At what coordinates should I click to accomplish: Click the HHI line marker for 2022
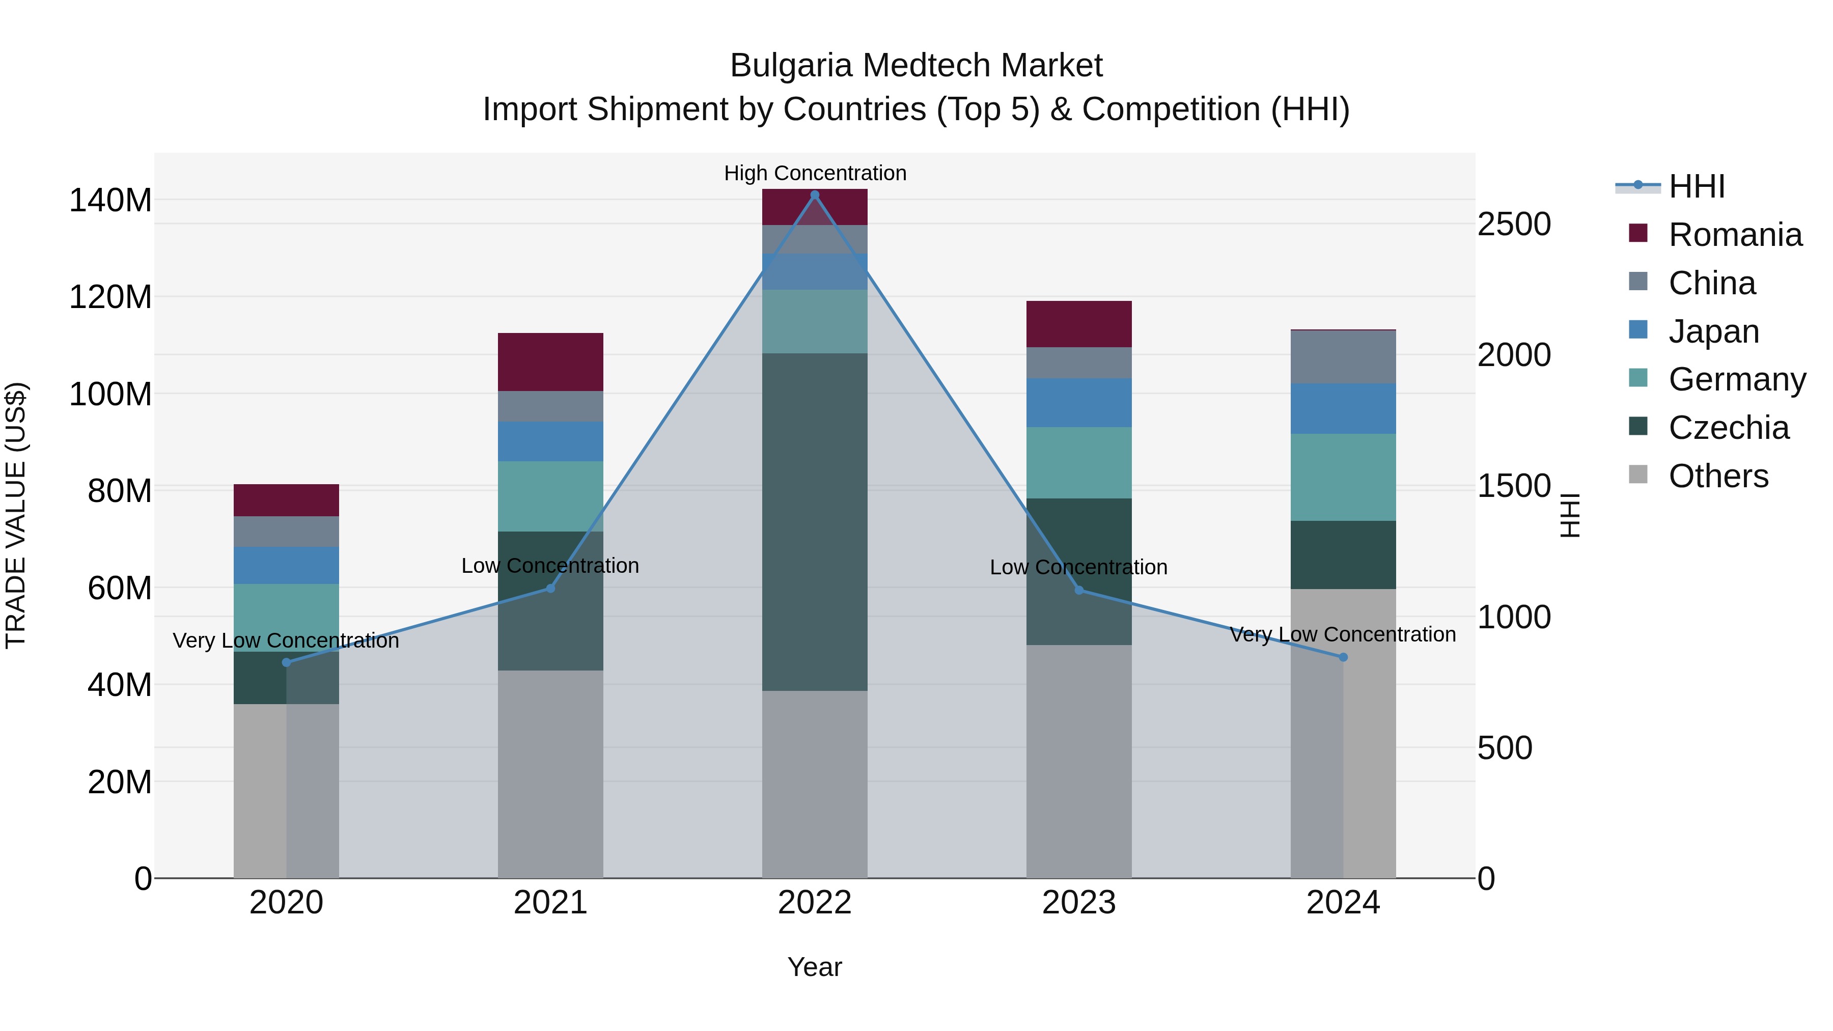[x=815, y=195]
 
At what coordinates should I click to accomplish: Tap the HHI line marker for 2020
[x=286, y=662]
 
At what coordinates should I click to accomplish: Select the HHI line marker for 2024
[x=1343, y=657]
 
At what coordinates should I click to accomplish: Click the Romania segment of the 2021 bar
[x=550, y=361]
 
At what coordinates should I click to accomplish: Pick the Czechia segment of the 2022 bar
[x=815, y=521]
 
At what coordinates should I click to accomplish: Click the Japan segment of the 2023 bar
[x=1079, y=403]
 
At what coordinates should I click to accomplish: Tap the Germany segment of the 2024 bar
[x=1343, y=478]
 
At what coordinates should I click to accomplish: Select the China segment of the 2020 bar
[x=286, y=532]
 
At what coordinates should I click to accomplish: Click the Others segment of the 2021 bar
[x=550, y=773]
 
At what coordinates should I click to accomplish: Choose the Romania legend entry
[x=1734, y=235]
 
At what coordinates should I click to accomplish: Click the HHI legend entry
[x=1697, y=186]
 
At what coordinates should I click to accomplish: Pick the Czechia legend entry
[x=1728, y=428]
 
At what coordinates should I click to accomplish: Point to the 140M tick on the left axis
[x=110, y=201]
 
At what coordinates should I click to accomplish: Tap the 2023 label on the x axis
[x=1079, y=903]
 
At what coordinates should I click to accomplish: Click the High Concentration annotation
[x=815, y=173]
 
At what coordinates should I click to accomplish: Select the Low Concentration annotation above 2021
[x=550, y=566]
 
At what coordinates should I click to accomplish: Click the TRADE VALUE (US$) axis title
[x=16, y=515]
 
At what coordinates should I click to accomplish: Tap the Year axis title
[x=815, y=967]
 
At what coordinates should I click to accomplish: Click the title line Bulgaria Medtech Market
[x=916, y=66]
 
